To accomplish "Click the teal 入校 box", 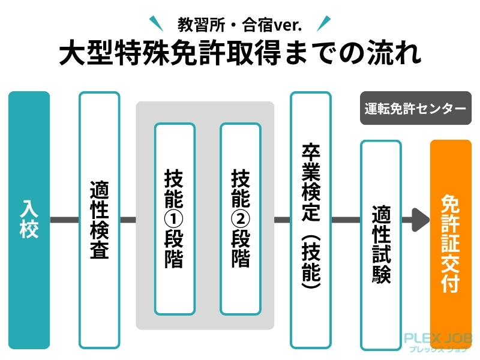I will pyautogui.click(x=29, y=220).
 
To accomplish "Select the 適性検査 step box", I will pyautogui.click(x=99, y=220).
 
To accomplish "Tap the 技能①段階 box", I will pyautogui.click(x=175, y=219).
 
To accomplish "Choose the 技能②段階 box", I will pyautogui.click(x=241, y=219).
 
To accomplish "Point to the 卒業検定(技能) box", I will pyautogui.click(x=311, y=220).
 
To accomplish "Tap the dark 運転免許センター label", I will pyautogui.click(x=415, y=109).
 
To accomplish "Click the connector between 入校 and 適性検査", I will pyautogui.click(x=64, y=220).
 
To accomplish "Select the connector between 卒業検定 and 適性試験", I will pyautogui.click(x=346, y=220).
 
